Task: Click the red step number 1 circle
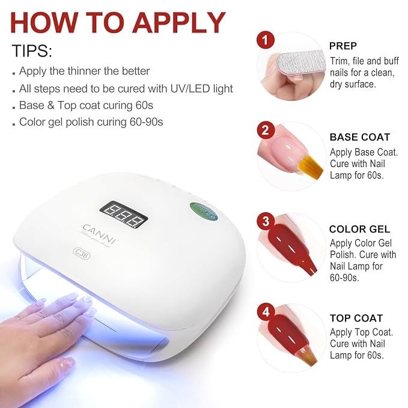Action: coord(265,40)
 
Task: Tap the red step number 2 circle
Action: coord(265,130)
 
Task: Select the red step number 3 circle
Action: coord(266,222)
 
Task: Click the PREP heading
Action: coord(343,46)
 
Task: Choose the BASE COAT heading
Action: coord(360,137)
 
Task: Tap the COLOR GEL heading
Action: coord(359,229)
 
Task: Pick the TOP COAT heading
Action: coord(356,318)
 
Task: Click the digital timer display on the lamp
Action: coord(124,215)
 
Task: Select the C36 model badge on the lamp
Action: coord(82,254)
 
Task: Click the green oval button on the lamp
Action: coord(204,211)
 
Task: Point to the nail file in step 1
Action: coord(301,64)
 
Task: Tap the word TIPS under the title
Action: coord(32,50)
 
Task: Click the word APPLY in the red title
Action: coord(179,22)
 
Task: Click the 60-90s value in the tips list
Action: coord(146,122)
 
